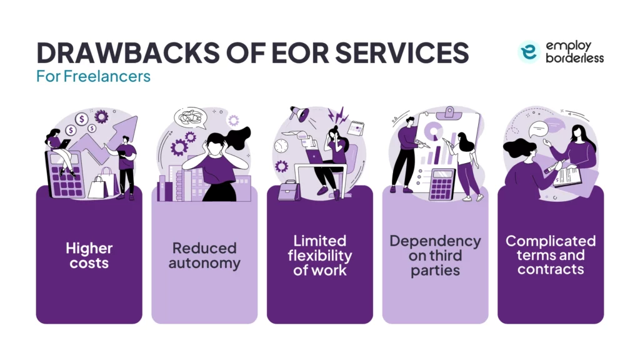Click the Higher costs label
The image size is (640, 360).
tap(89, 255)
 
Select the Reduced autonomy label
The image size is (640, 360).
tap(204, 255)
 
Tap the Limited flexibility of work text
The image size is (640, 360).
tap(319, 255)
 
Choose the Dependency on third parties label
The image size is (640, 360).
tap(435, 255)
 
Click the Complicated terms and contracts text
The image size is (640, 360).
tap(551, 255)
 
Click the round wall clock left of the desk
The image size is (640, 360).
tap(281, 145)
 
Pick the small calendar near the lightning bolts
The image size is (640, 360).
tap(357, 128)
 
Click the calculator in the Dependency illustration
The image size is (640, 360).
tap(442, 184)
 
